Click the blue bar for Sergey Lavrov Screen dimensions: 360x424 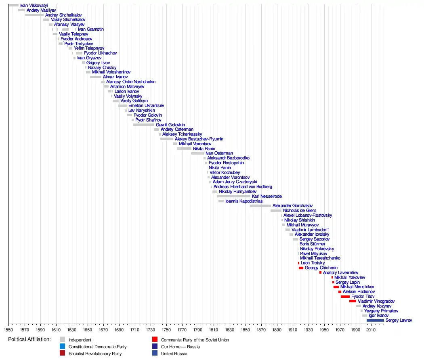tap(375, 320)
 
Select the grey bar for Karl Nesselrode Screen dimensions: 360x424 tap(233, 196)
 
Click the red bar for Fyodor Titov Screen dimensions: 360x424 tap(345, 297)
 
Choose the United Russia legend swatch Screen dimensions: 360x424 tap(155, 354)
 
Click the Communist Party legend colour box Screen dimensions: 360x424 tap(155, 340)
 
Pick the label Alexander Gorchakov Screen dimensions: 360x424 tap(293, 206)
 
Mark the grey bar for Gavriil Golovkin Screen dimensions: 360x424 tap(143, 125)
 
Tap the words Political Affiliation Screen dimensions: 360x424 tap(29, 339)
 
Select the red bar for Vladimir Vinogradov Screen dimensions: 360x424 tap(353, 301)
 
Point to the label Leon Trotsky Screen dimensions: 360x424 tap(313, 263)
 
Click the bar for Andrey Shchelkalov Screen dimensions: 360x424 tap(34, 15)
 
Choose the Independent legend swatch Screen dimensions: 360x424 tap(62, 340)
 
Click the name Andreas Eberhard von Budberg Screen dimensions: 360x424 tap(243, 187)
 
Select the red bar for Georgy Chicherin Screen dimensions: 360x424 tap(301, 268)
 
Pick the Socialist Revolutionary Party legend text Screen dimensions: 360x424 tap(95, 354)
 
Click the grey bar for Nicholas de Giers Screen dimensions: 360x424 tap(276, 211)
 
